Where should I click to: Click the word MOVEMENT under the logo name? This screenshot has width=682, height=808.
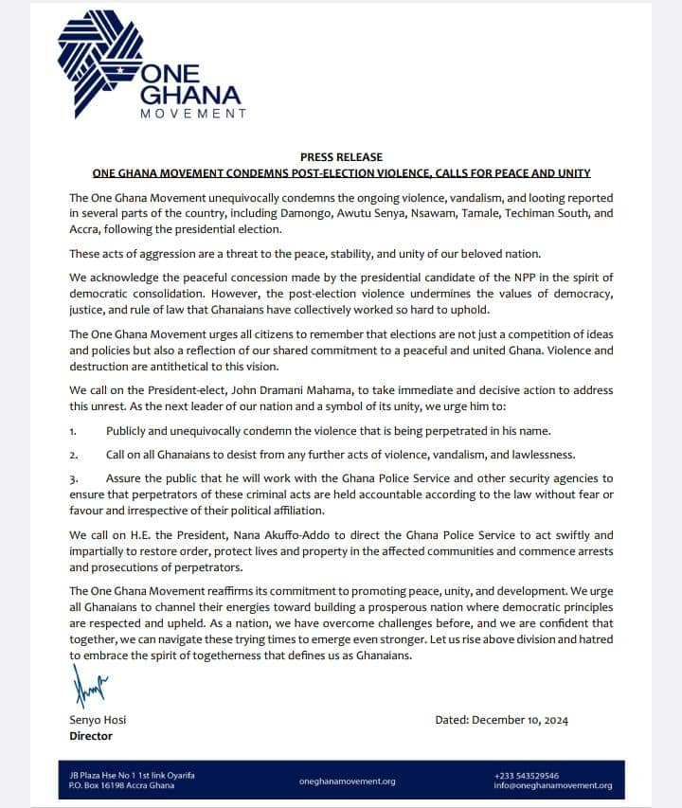[193, 114]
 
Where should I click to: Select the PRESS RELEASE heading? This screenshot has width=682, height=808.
[341, 156]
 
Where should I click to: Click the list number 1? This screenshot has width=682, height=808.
[73, 431]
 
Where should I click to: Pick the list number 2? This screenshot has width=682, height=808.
[73, 455]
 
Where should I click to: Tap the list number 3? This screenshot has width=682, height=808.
[73, 478]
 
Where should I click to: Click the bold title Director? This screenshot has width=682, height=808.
[91, 736]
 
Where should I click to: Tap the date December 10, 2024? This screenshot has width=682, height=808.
[515, 720]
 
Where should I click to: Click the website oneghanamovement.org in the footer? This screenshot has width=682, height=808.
[347, 781]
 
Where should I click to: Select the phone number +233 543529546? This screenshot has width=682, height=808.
[527, 775]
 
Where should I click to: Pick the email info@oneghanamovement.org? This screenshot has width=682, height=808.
[553, 785]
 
